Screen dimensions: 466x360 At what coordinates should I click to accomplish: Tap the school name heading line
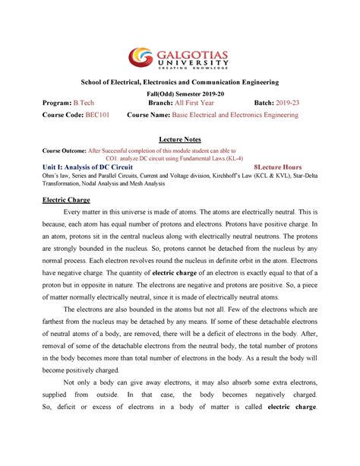pos(179,81)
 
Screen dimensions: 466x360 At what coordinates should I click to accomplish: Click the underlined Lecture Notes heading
pos(179,141)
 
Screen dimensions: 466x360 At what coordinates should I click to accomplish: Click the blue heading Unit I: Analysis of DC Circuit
pos(90,167)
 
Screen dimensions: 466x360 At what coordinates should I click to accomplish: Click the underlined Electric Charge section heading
pos(65,199)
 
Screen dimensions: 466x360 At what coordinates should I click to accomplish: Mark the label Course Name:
pos(153,116)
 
